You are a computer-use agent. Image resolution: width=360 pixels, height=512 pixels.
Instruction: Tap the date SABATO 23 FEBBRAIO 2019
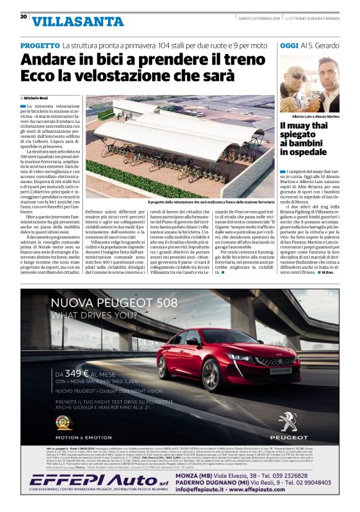click(x=259, y=18)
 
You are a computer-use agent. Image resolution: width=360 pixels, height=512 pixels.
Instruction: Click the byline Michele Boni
click(x=35, y=98)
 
